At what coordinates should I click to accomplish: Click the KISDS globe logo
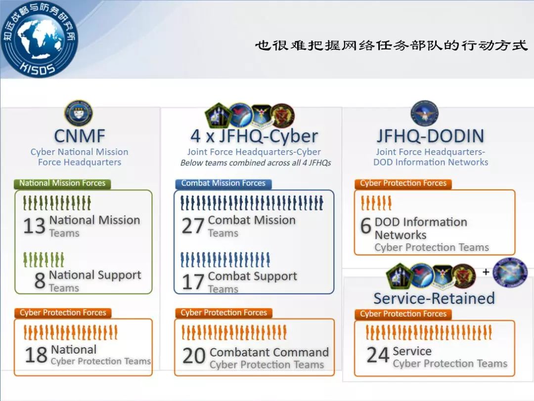39,39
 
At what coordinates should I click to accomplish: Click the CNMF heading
80,136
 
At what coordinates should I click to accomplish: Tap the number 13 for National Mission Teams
35,226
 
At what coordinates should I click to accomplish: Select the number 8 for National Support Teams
40,281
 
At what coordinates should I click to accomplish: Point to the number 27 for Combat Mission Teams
193,226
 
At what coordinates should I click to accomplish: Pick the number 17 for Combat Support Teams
193,282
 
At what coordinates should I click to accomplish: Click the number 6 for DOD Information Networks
366,226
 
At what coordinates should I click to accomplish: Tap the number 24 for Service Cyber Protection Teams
378,355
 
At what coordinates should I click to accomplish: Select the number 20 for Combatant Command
194,356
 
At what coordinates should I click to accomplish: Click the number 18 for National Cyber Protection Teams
36,355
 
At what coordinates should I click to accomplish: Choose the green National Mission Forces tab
62,184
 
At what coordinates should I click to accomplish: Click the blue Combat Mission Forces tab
223,184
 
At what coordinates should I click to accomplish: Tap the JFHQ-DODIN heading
431,136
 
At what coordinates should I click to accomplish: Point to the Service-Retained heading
434,299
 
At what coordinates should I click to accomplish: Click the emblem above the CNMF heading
79,113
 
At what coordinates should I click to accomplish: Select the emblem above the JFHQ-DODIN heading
424,113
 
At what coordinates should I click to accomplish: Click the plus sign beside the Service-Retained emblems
486,272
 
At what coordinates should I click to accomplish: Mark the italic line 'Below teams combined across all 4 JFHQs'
256,163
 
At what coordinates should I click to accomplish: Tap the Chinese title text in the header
391,45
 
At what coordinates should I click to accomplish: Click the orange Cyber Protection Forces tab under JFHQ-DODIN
403,184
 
